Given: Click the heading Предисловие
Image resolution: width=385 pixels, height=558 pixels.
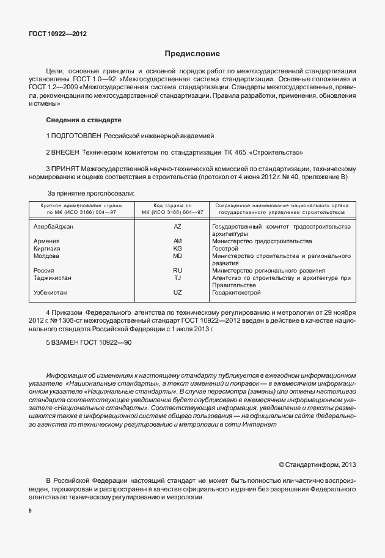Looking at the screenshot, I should [192, 54].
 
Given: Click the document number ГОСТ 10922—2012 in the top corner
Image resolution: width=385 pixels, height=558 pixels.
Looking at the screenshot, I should [57, 34].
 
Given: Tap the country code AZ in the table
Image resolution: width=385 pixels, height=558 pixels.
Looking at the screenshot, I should [178, 226].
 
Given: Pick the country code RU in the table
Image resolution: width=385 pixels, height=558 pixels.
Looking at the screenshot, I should [178, 270].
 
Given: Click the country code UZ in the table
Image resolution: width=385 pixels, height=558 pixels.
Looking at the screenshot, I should [178, 292].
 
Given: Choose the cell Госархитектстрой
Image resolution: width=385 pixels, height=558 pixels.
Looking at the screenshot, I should [240, 292].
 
